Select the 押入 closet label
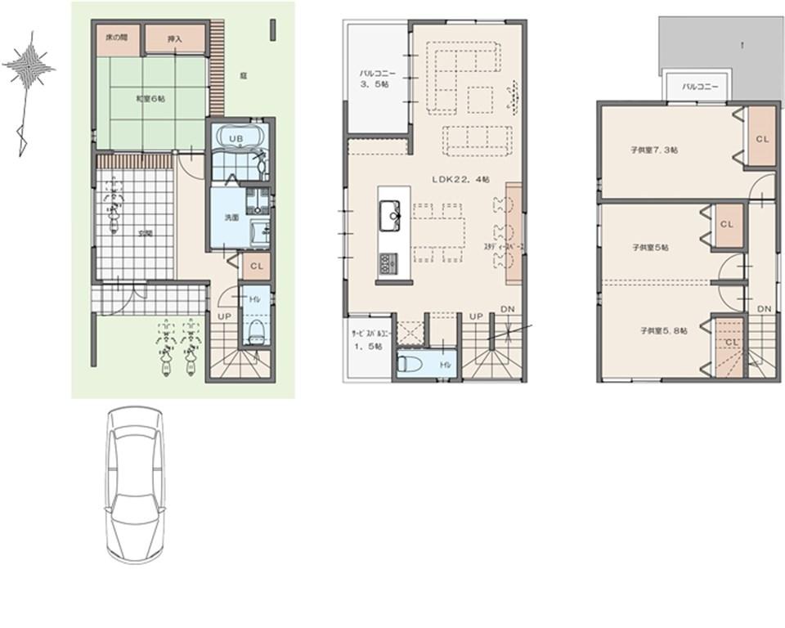[174, 38]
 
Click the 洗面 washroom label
[231, 218]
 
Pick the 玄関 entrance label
[145, 233]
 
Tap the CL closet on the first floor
[256, 265]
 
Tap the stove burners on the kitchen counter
[385, 263]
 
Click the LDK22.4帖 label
[460, 178]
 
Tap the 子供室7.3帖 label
[653, 150]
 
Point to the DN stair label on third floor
[764, 308]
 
